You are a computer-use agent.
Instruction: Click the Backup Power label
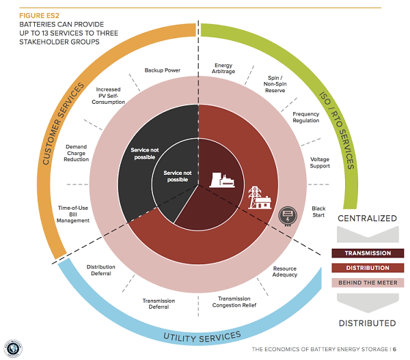[x=163, y=70]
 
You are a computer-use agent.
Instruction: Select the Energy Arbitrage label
[x=223, y=68]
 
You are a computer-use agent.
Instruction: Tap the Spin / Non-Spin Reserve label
[x=275, y=84]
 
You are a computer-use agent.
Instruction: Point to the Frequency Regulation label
[x=306, y=117]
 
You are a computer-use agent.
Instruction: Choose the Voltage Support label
[x=320, y=163]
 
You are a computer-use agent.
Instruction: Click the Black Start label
[x=318, y=212]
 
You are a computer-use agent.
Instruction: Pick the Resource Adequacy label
[x=285, y=272]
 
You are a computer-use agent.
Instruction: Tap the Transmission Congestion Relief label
[x=234, y=302]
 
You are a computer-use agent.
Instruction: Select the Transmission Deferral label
[x=159, y=304]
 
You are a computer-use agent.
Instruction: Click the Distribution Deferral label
[x=101, y=270]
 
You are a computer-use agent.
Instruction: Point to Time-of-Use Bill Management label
[x=73, y=214]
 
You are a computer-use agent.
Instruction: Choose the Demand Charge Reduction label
[x=76, y=153]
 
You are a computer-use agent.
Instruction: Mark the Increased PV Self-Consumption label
[x=108, y=96]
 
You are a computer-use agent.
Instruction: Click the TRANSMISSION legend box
[x=368, y=253]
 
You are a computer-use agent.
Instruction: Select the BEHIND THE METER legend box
[x=368, y=283]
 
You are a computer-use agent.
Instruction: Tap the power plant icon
[x=222, y=180]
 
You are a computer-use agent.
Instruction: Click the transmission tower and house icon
[x=260, y=197]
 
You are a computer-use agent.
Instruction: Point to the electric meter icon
[x=288, y=216]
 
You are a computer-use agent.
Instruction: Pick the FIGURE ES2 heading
[x=39, y=16]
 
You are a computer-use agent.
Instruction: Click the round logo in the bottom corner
[x=13, y=349]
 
